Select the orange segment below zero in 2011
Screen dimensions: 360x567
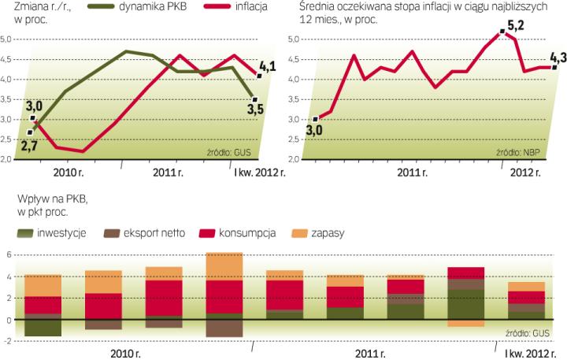(465, 323)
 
